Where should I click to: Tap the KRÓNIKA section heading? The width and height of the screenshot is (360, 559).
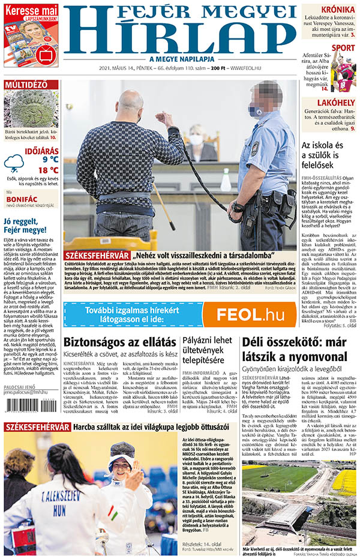337,10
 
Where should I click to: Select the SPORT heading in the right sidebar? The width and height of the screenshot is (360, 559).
343,48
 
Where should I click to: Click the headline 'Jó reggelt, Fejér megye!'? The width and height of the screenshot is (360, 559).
25,225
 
